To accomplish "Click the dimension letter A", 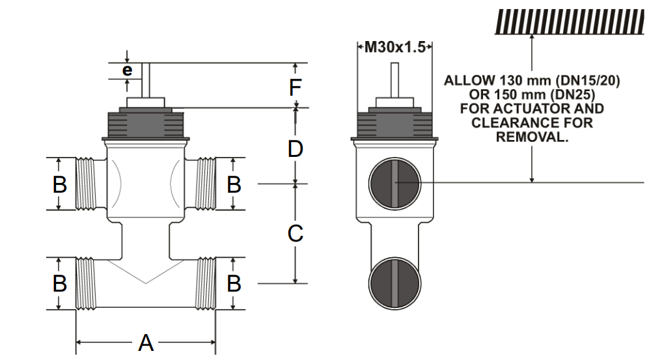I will click(x=146, y=342).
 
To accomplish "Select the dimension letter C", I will click(x=296, y=233).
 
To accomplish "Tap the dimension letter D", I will click(x=296, y=149).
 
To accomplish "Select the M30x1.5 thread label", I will click(x=395, y=47).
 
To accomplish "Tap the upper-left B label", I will click(x=59, y=185).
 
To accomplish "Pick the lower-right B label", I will click(x=234, y=284).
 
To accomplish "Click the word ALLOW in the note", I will click(x=470, y=81).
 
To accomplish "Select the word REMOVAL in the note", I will click(x=532, y=137).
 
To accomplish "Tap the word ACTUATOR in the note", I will click(x=546, y=109).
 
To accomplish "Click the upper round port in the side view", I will click(x=394, y=183).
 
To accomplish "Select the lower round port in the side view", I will click(x=394, y=284).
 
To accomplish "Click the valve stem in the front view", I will click(x=146, y=80).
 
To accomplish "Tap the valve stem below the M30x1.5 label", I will click(x=394, y=80).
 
